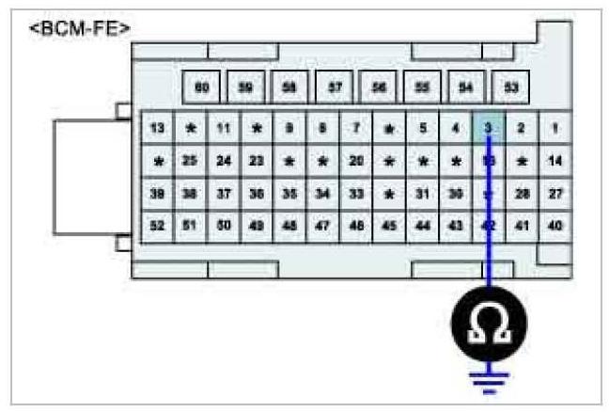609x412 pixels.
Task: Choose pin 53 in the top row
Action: [x=510, y=87]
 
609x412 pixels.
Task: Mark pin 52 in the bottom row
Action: [x=157, y=227]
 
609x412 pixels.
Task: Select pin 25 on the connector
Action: [x=190, y=161]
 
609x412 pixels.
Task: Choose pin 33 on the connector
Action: [x=356, y=194]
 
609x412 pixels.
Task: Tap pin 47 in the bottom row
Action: [x=322, y=227]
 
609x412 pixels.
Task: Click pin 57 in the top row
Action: [x=334, y=87]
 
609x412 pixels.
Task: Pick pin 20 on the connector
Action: [x=356, y=161]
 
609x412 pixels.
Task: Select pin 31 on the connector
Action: [x=422, y=194]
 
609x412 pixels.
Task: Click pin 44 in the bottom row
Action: [x=422, y=227]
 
